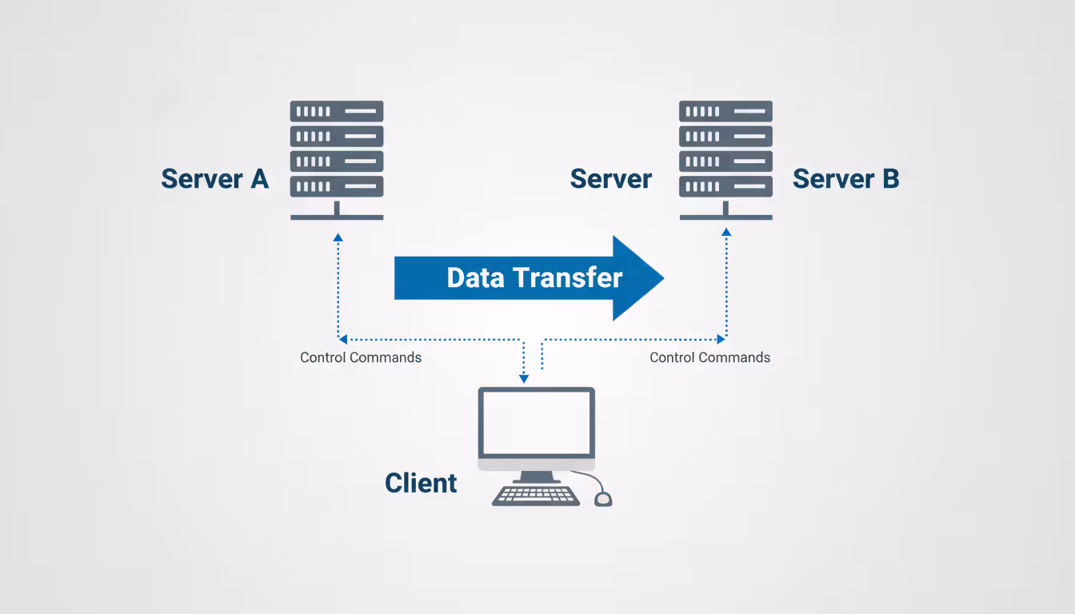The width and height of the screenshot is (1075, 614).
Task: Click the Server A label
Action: click(214, 178)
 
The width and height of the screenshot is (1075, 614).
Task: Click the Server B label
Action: click(845, 178)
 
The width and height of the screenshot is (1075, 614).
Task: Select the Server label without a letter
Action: click(610, 178)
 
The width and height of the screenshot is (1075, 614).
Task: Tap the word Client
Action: click(421, 483)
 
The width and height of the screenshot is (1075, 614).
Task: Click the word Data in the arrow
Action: click(476, 277)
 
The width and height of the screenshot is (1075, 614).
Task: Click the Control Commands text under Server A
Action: click(361, 357)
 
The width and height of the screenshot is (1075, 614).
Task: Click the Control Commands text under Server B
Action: click(709, 357)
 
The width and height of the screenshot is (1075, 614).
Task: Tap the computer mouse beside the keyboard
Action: click(603, 499)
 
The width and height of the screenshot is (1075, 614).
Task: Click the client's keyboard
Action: click(536, 496)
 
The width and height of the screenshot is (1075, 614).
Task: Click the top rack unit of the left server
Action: click(337, 111)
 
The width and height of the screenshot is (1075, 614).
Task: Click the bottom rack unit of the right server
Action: click(725, 186)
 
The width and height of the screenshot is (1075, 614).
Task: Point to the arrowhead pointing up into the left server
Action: click(338, 237)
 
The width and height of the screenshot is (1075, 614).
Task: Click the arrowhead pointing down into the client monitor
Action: click(523, 378)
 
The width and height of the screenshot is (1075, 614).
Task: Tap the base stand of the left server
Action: click(337, 215)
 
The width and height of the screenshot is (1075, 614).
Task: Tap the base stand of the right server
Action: click(725, 215)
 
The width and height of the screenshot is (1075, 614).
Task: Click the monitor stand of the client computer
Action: click(536, 476)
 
